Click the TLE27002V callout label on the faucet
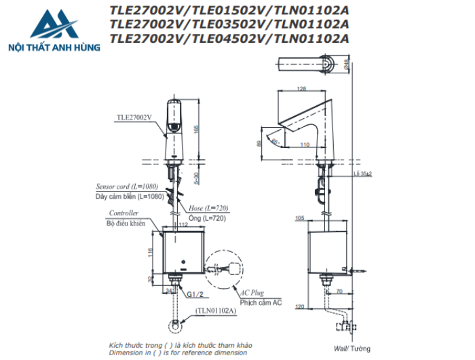click(x=134, y=117)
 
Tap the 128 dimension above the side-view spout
click(x=302, y=89)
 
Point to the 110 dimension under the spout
click(x=305, y=144)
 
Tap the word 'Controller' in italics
click(x=124, y=213)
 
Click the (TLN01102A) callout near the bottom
click(x=215, y=310)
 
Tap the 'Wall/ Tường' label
click(x=352, y=348)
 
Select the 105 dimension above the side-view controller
click(x=300, y=219)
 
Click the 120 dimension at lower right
click(x=300, y=307)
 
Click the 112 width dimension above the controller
click(x=183, y=225)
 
